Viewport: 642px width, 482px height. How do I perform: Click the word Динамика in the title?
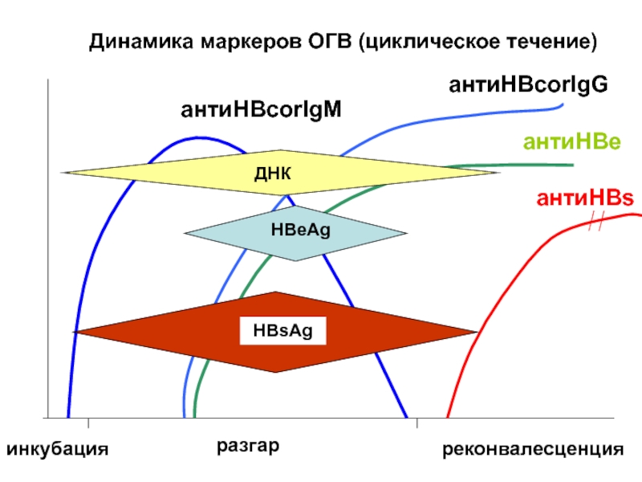tap(141, 42)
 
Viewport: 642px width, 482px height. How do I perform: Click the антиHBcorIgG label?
tap(528, 85)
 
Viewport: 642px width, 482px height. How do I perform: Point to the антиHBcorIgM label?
tap(261, 110)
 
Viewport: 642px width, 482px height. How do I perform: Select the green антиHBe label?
tap(572, 142)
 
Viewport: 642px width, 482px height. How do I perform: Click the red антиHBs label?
tap(585, 198)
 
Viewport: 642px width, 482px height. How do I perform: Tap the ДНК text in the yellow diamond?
tap(273, 174)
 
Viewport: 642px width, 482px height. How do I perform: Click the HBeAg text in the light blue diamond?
tap(300, 230)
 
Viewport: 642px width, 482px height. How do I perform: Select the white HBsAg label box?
tap(283, 331)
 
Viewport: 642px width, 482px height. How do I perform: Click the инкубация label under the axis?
tap(58, 449)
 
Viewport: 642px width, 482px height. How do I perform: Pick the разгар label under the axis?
tap(248, 446)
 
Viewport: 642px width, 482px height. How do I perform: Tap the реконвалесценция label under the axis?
tap(533, 450)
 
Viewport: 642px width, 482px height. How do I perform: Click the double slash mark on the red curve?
tap(596, 222)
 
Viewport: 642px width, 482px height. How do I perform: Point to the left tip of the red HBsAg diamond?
tap(74, 332)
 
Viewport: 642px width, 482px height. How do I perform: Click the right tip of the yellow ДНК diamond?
tap(499, 173)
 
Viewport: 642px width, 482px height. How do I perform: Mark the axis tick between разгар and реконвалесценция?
tap(417, 423)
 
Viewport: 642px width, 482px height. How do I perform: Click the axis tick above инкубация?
tap(88, 423)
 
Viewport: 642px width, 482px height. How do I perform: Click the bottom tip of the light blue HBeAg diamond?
tap(295, 260)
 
